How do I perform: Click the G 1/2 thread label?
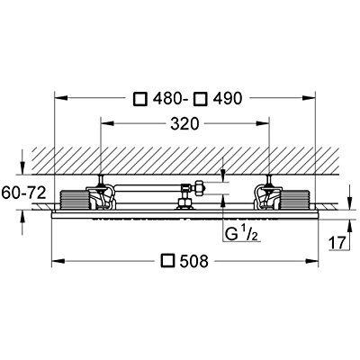point(237,235)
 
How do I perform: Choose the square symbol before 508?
point(167,262)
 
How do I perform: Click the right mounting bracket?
point(267,194)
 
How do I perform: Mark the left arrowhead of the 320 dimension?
point(104,128)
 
